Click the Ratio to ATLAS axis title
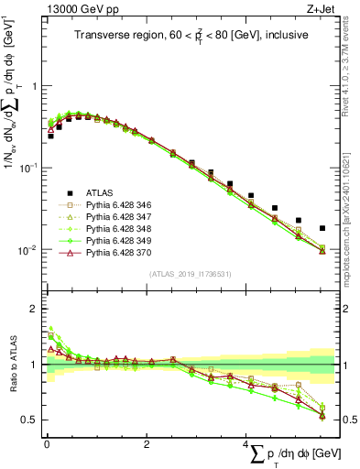pos(12,376)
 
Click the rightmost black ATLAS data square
pos(322,228)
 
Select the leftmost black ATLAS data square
pos(50,136)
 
